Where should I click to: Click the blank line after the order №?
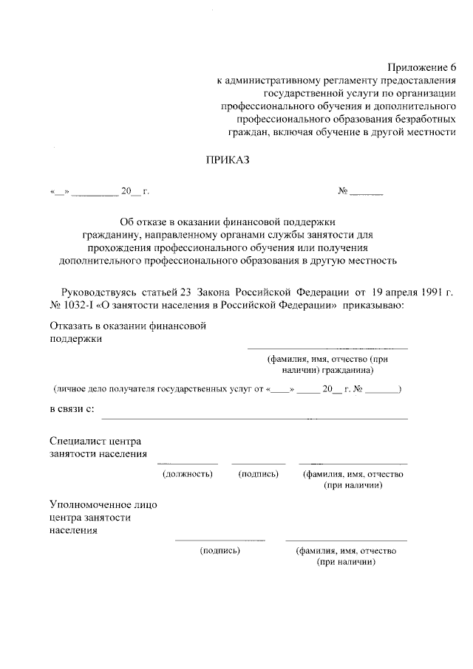[367, 194]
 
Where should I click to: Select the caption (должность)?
[188, 473]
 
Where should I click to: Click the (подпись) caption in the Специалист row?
[258, 473]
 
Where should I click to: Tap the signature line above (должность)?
[188, 463]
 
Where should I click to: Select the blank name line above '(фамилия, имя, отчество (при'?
[327, 348]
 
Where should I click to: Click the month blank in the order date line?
[95, 194]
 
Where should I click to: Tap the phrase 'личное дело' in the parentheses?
[80, 388]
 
